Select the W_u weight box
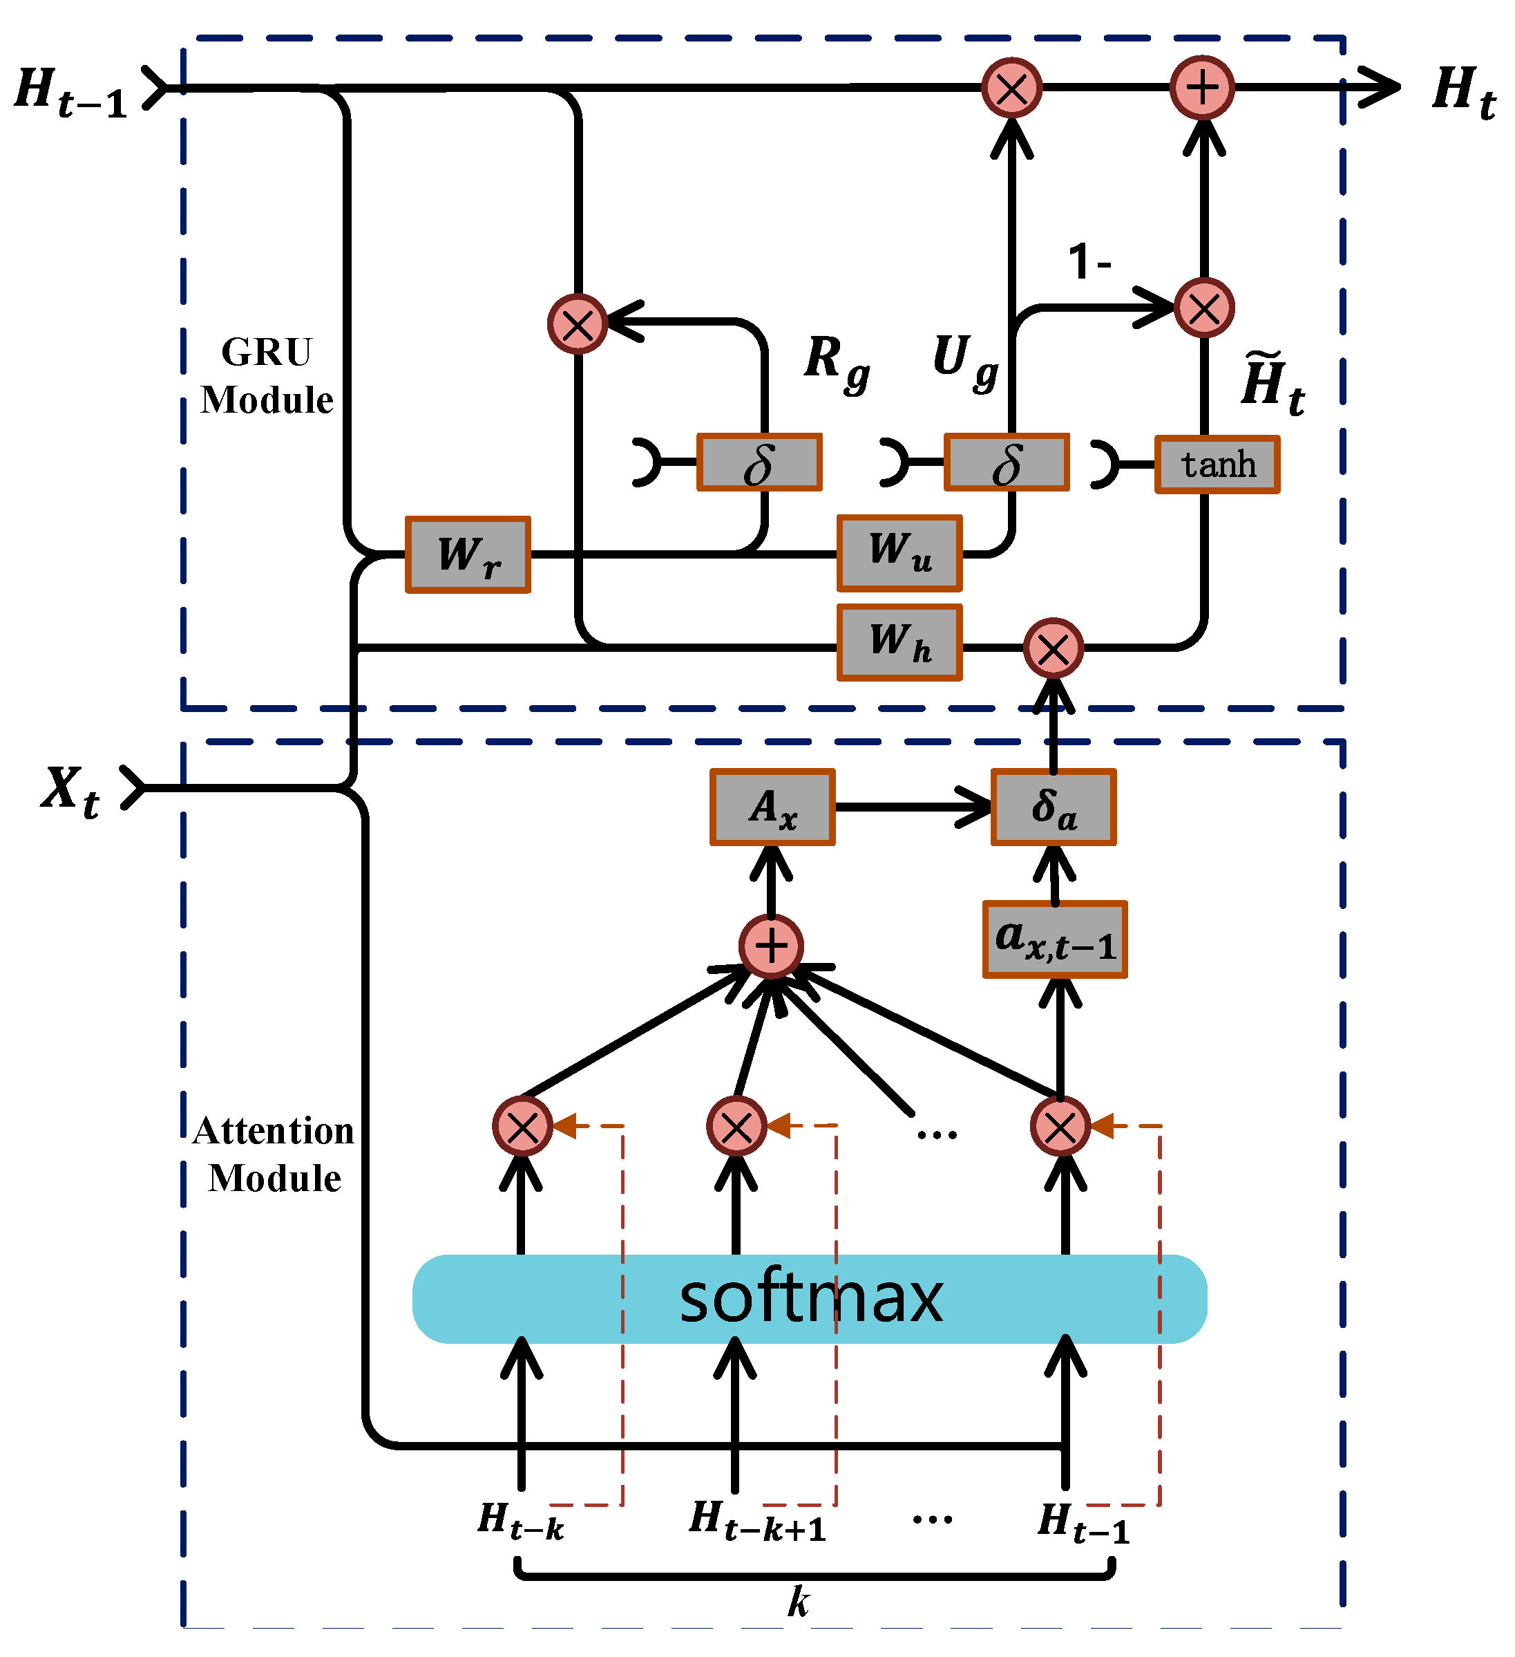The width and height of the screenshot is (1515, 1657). (899, 553)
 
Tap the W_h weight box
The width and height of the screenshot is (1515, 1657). (899, 643)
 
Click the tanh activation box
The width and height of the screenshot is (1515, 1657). (1217, 465)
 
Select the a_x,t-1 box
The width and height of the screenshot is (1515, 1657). (1056, 939)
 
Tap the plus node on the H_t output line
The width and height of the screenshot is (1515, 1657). (1203, 88)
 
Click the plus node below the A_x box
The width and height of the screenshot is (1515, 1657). (772, 946)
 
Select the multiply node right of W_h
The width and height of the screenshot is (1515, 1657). (1054, 648)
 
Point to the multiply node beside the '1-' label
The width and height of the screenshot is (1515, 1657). (1204, 308)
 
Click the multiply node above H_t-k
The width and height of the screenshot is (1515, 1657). (522, 1126)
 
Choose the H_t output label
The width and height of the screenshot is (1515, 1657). (1464, 92)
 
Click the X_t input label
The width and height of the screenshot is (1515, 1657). (70, 792)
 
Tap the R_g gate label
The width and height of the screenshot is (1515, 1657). (837, 365)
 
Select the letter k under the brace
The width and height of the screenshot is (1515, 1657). (799, 1602)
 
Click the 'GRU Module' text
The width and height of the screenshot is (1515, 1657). (267, 375)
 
